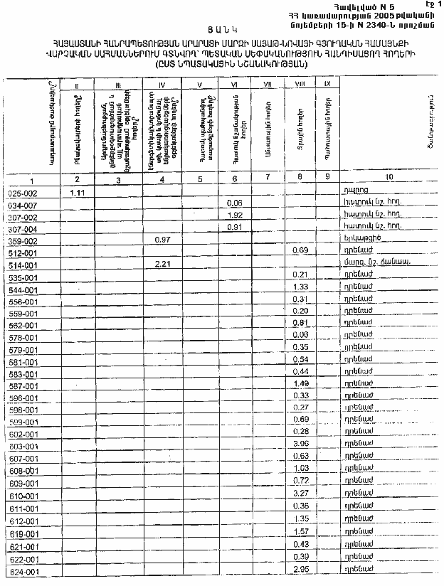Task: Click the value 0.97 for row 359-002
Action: point(164,240)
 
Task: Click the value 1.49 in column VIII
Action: point(299,384)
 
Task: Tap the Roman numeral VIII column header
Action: point(300,85)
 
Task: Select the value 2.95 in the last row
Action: point(299,570)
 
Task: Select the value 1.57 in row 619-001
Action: point(299,531)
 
